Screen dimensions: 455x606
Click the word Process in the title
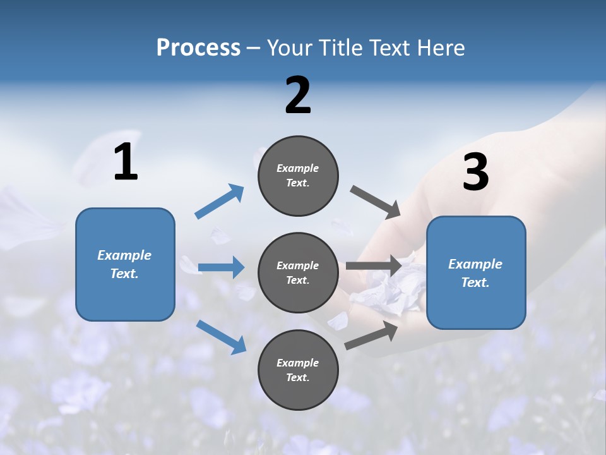coord(198,47)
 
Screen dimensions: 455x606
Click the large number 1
coord(126,162)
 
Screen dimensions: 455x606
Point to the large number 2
coord(298,95)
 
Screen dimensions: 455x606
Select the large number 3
coord(475,173)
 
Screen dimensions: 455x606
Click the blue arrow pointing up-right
coord(219,202)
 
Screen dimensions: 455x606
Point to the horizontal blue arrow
coord(221,267)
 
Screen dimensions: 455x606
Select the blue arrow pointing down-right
coord(221,336)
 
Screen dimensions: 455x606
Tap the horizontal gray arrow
coord(373,265)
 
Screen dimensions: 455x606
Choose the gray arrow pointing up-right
coord(371,336)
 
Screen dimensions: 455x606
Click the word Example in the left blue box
coord(124,255)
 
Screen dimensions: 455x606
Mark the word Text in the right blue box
coord(475,282)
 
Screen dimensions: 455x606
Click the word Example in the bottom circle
coord(298,363)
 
